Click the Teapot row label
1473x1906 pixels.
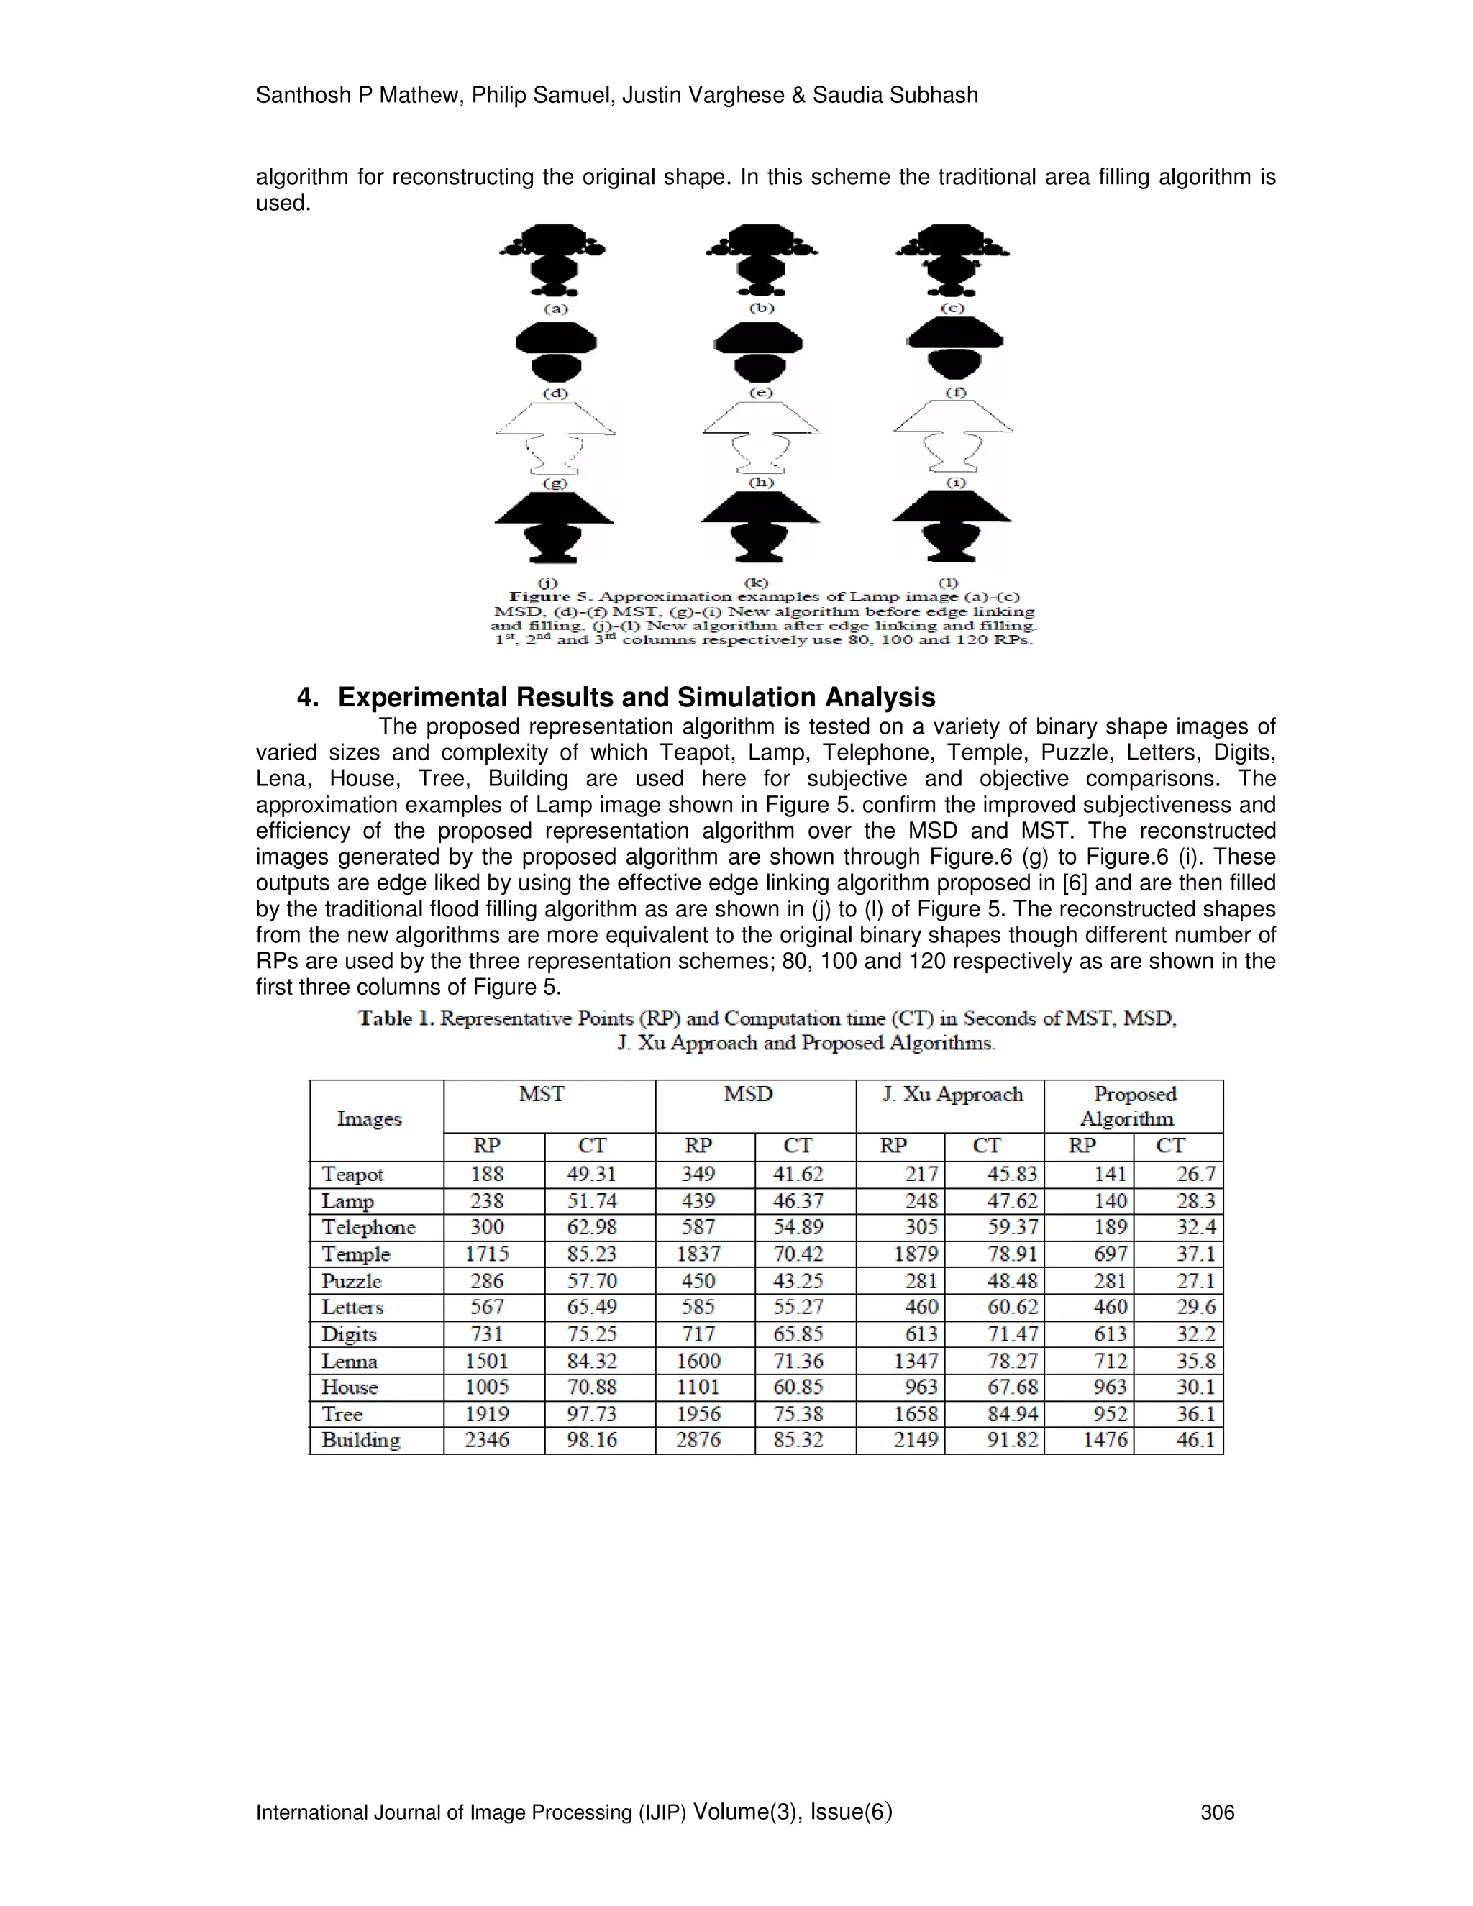(352, 1175)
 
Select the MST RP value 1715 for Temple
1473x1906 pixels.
(487, 1254)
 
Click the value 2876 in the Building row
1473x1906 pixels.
(698, 1440)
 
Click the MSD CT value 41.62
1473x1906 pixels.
(798, 1175)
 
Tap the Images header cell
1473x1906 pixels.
(369, 1119)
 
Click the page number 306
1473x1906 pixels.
(1218, 1812)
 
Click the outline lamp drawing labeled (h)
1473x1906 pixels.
(761, 437)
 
